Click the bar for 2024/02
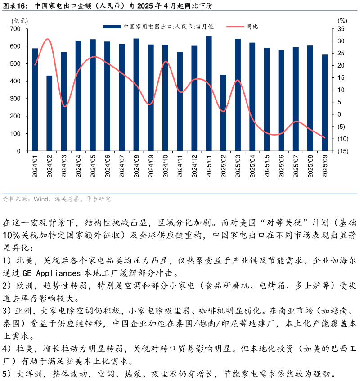click(49, 113)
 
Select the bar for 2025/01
click(209, 94)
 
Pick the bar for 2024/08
click(136, 95)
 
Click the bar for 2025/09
click(324, 103)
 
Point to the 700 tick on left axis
click(15, 29)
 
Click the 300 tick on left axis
click(15, 99)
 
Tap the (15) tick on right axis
click(342, 151)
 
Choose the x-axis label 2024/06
click(108, 166)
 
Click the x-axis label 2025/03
click(238, 166)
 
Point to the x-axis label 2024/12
click(194, 166)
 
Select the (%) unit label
click(342, 20)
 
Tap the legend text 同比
click(252, 27)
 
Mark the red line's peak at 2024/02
click(48, 39)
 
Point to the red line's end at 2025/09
click(324, 138)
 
